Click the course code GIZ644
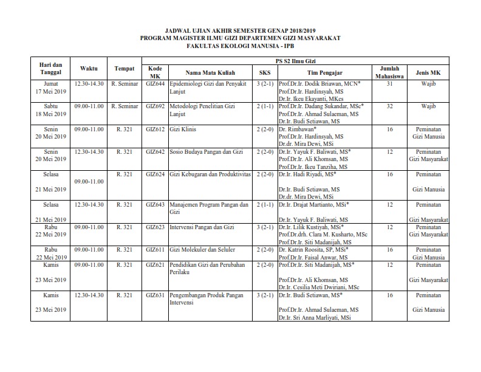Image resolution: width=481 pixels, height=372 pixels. (x=154, y=83)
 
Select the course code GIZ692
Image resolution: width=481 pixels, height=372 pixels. (x=154, y=106)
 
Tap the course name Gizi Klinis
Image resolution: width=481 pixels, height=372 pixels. (x=183, y=129)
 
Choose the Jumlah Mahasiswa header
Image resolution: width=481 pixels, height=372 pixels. (x=389, y=72)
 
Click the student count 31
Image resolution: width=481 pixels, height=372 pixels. (x=389, y=83)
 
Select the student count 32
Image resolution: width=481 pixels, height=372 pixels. (x=389, y=106)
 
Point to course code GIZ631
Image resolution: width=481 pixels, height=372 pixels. (x=154, y=295)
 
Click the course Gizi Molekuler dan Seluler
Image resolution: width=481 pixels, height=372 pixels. (x=202, y=249)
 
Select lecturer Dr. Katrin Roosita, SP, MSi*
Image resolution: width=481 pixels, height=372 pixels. (x=313, y=249)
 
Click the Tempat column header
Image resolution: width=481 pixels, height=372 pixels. (x=124, y=68)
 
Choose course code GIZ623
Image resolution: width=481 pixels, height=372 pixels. (x=154, y=227)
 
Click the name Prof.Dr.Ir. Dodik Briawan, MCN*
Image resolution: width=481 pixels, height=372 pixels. (x=319, y=83)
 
